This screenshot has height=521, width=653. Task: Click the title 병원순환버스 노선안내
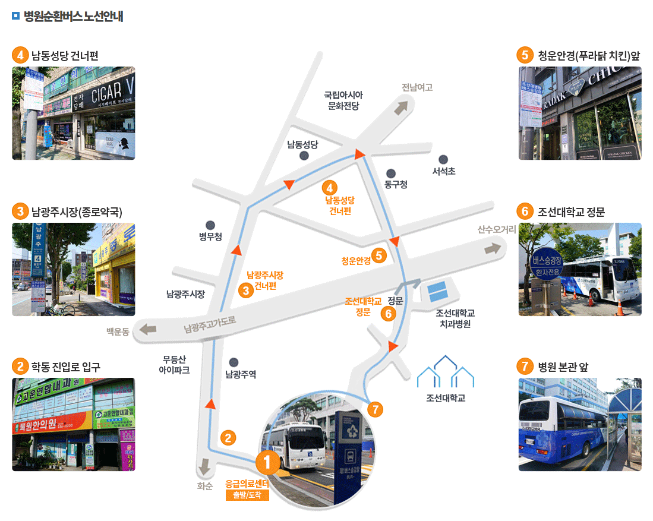(73, 17)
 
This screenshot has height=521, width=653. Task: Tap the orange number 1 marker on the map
(267, 462)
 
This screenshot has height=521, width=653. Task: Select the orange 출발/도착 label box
(247, 495)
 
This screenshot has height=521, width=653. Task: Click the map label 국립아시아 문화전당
(343, 100)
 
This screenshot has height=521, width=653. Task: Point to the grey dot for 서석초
(443, 159)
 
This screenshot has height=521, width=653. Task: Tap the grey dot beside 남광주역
(234, 362)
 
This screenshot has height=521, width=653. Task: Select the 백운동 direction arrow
(147, 329)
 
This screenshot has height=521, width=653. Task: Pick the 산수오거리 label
(496, 229)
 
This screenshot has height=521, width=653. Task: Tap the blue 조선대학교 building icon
(446, 372)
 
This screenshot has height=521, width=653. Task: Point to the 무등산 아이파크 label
(174, 365)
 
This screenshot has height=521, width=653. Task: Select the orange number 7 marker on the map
(375, 409)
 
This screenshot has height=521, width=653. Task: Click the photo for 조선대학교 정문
(580, 269)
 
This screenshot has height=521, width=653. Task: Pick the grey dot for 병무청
(210, 225)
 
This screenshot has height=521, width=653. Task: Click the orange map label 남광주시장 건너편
(265, 280)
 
